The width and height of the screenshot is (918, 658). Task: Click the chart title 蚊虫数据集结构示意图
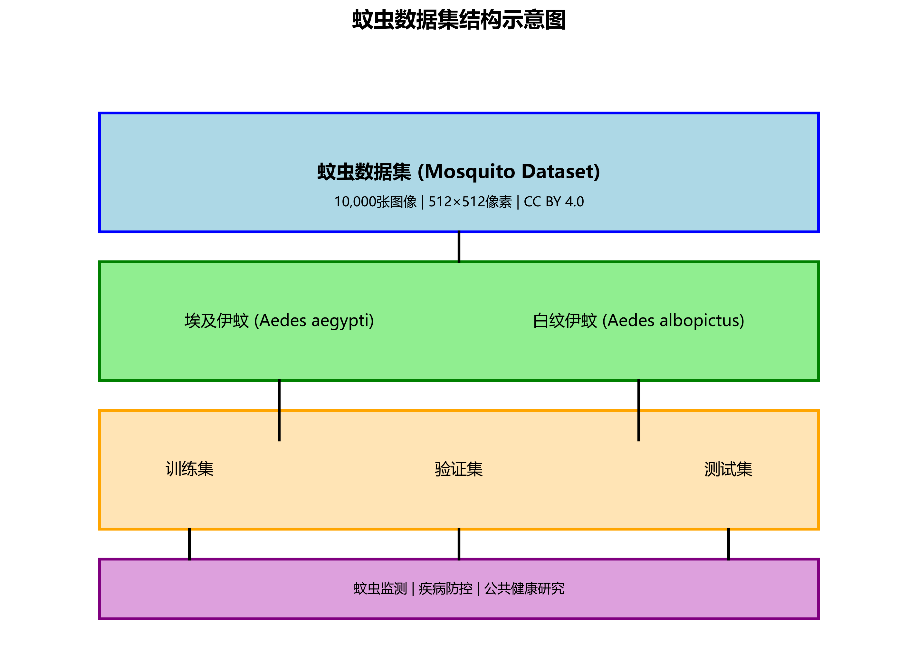tap(459, 20)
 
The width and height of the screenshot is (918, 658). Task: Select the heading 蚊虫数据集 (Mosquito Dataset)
tap(459, 172)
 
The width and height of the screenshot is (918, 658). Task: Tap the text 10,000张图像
tap(375, 202)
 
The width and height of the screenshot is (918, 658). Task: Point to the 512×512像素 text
tap(470, 202)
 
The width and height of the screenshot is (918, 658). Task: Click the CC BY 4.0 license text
tap(554, 202)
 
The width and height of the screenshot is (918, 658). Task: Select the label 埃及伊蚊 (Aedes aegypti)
tap(279, 321)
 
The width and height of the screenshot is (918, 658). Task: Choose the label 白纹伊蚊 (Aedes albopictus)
tap(638, 321)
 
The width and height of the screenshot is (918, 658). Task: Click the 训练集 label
tap(189, 469)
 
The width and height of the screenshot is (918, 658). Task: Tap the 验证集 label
tap(459, 469)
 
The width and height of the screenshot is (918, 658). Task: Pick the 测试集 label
tap(728, 469)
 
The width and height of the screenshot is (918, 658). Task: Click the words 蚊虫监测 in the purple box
tap(380, 589)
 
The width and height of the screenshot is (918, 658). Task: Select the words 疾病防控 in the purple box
tap(445, 589)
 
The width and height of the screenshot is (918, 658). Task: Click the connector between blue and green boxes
tap(459, 247)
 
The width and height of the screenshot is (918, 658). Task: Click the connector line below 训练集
tap(189, 544)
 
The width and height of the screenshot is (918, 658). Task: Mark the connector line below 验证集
tap(459, 544)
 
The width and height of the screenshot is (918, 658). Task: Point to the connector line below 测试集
tap(729, 544)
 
